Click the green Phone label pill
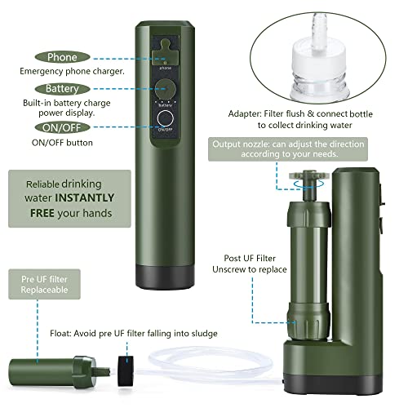tap(62, 57)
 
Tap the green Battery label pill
tap(62, 88)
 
